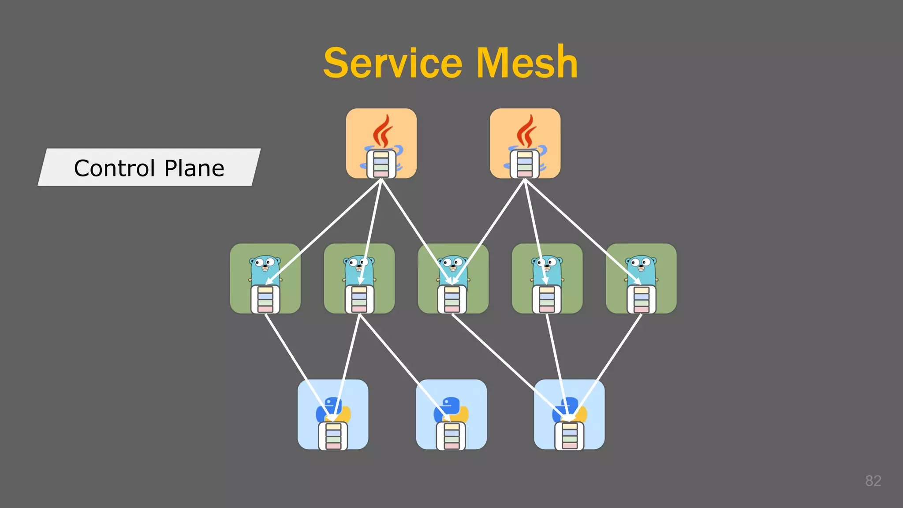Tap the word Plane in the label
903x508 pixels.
pos(194,168)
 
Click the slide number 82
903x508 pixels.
pos(873,481)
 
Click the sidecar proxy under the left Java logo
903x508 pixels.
pos(381,164)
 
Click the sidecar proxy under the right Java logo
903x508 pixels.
pos(525,164)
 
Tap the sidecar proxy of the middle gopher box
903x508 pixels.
pos(452,299)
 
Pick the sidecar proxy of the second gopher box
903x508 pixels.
pos(359,299)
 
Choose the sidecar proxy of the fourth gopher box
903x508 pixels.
pos(547,299)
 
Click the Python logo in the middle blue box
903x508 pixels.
pos(451,408)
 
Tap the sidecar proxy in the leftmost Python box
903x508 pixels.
pos(333,436)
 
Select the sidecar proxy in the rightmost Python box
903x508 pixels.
pos(569,436)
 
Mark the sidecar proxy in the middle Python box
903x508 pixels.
pos(451,436)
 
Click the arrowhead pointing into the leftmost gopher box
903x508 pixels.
pos(269,282)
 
